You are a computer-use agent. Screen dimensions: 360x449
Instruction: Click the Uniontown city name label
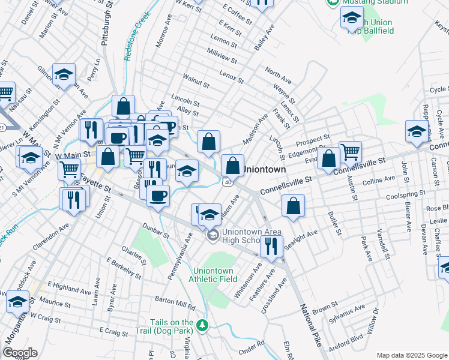(x=264, y=170)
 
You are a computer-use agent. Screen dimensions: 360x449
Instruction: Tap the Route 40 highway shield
(x=228, y=181)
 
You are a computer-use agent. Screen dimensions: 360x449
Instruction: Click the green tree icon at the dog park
(x=203, y=325)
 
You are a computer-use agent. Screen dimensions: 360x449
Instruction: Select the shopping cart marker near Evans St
(x=350, y=152)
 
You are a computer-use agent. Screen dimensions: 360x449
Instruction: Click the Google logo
(x=20, y=353)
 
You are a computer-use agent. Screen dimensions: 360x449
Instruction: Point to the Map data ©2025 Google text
(x=411, y=355)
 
